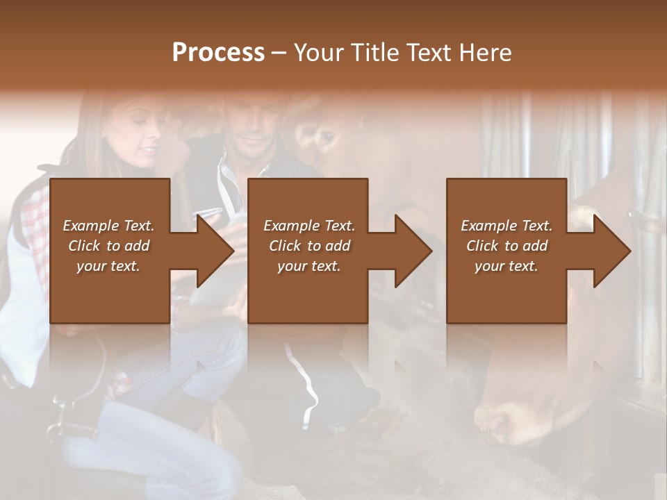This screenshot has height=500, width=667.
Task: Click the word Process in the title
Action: (218, 53)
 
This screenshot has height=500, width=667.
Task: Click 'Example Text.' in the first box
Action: (108, 226)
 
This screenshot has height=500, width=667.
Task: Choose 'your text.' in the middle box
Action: (308, 266)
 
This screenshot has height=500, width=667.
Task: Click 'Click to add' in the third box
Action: (507, 246)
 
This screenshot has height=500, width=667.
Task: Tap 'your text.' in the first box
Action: (108, 266)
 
